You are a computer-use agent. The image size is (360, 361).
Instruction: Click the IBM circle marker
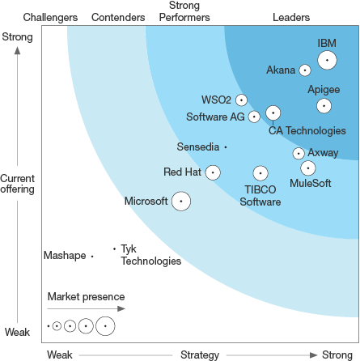coord(327,60)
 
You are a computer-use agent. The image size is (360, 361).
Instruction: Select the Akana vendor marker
coord(305,70)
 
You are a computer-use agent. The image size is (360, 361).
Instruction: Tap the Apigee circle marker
coord(324,105)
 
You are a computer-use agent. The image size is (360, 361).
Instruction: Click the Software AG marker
coord(254,117)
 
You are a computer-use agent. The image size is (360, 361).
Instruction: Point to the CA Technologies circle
coord(273,113)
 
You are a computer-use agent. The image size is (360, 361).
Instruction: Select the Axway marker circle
coord(299,152)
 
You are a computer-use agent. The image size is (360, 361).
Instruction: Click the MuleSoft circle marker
coord(308,168)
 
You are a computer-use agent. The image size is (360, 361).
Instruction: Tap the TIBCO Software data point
coord(260,173)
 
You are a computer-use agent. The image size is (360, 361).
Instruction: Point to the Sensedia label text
coord(197,124)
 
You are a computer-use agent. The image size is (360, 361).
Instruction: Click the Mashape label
coord(64,256)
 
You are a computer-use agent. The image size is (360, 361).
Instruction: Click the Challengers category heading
coord(51,17)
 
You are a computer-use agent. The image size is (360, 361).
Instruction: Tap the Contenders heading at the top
coord(119,17)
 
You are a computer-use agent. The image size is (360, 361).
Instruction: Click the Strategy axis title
coord(200,355)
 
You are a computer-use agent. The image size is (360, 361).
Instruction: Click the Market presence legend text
coord(86,296)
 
